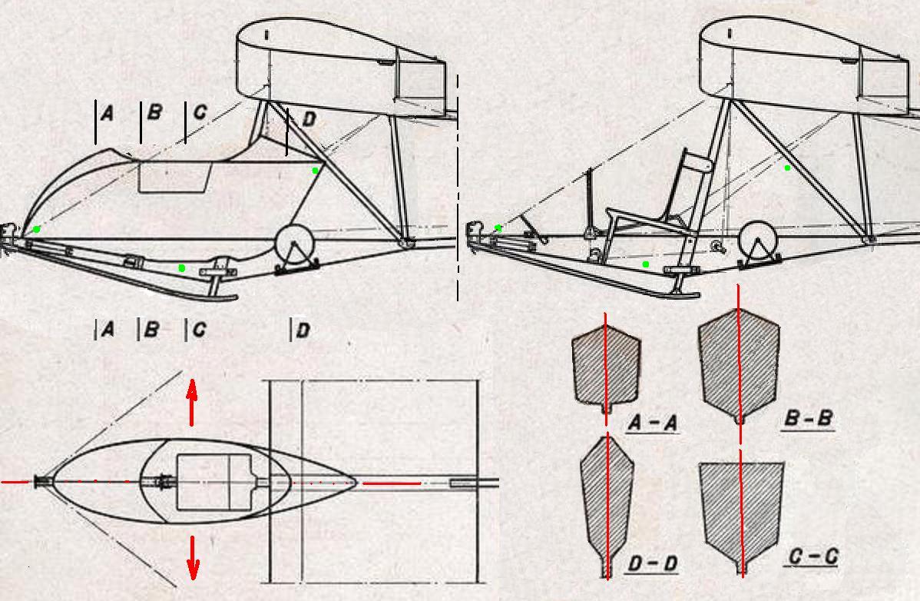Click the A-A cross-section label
653,423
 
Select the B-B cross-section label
808,418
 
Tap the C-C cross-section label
812,556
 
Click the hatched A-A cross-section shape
606,368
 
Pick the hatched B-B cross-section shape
739,364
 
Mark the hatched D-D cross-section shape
607,505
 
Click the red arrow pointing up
192,403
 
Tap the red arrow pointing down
193,557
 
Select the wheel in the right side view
758,242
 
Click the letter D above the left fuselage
309,120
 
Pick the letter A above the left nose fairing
107,112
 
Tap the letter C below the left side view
199,330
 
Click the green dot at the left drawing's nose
37,229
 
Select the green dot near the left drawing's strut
315,171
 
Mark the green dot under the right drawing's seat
646,264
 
